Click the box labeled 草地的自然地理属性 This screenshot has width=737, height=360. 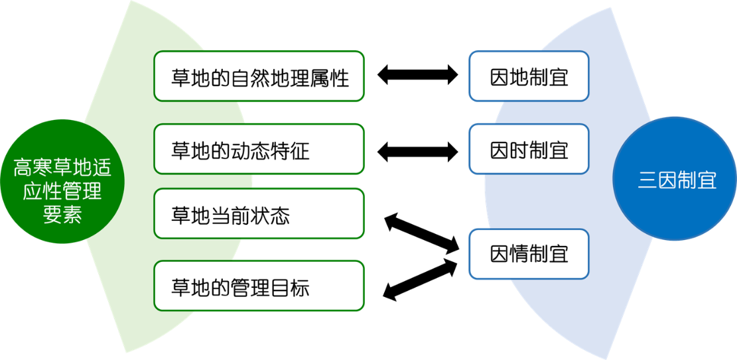[259, 76]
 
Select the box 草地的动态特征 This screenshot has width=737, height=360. [259, 149]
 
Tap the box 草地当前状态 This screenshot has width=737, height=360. [259, 213]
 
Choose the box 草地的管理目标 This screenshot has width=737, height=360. [259, 286]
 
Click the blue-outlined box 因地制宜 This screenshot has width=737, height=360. [529, 76]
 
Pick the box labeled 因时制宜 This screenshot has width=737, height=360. [529, 149]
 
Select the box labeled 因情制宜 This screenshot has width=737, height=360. [529, 254]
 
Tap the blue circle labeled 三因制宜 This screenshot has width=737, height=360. [677, 179]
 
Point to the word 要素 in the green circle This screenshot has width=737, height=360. [62, 215]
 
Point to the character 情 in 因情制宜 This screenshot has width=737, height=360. [519, 255]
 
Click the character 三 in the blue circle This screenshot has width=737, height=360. [647, 180]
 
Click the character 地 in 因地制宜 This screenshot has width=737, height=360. [519, 77]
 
